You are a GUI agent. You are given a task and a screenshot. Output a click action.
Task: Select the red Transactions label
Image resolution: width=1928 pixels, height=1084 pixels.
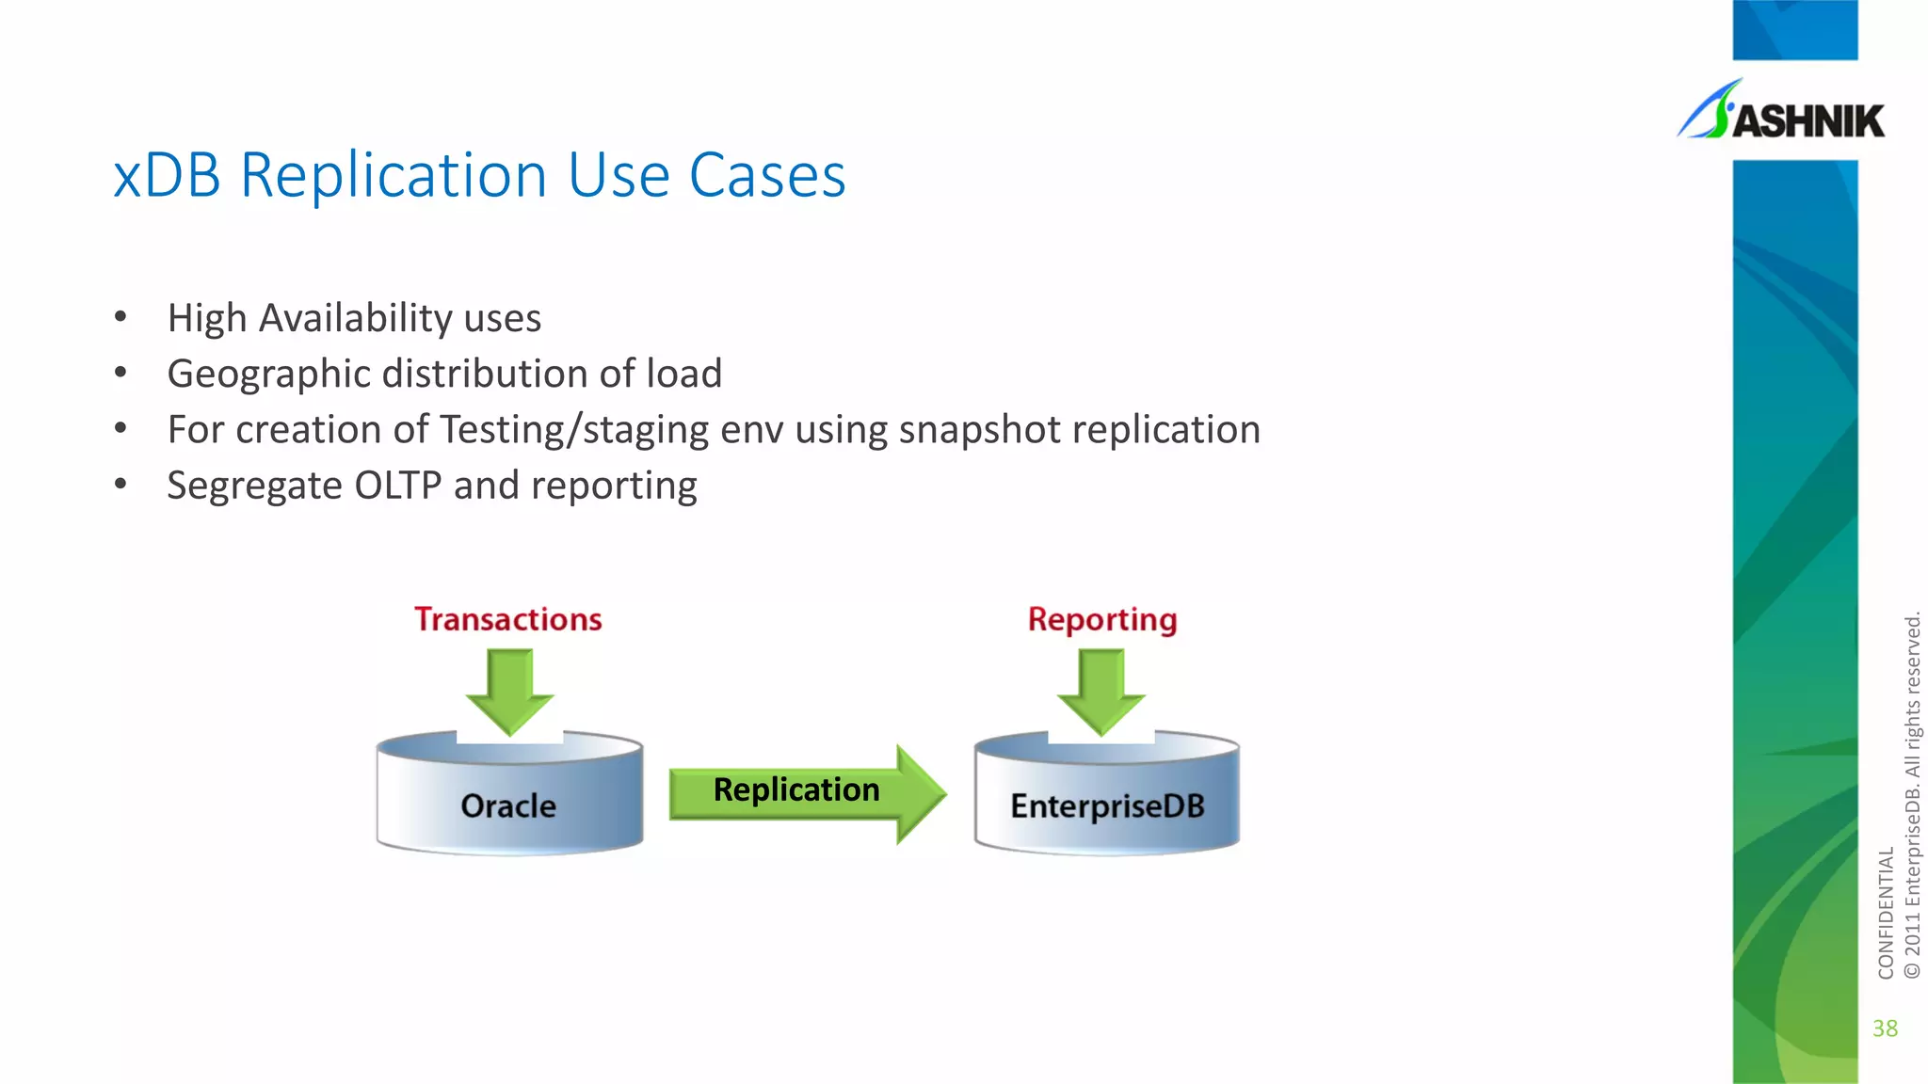(508, 619)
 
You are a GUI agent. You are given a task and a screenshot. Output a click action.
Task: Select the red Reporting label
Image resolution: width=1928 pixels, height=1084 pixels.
(1102, 619)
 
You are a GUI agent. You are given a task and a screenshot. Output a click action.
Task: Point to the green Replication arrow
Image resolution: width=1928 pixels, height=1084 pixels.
(805, 792)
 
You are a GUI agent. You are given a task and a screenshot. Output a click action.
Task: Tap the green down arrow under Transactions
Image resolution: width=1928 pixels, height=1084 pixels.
(509, 692)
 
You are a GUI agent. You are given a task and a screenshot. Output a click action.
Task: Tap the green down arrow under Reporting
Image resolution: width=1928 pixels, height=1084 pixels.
(1101, 692)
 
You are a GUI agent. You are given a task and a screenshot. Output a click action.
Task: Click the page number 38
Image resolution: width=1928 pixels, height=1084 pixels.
(1885, 1028)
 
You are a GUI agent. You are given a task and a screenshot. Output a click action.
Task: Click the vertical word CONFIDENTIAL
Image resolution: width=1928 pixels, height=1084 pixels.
(1885, 912)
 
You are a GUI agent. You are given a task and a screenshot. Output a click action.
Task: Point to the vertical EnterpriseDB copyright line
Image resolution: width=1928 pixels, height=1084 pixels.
(1911, 795)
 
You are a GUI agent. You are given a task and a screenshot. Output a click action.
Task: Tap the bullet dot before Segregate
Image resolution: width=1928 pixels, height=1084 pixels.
(120, 485)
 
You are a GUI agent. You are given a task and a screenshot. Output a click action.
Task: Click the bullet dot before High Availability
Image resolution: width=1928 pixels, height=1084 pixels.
(120, 317)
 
